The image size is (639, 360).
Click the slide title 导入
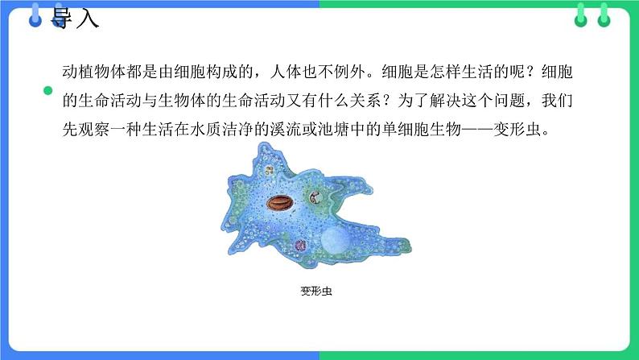click(75, 17)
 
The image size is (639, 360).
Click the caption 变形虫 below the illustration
click(315, 292)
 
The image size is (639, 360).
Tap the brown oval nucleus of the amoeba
click(281, 202)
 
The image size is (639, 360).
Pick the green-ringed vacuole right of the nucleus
click(315, 195)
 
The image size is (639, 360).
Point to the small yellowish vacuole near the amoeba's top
click(268, 171)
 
